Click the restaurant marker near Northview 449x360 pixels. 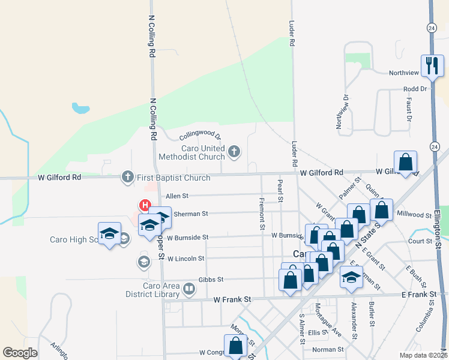431,65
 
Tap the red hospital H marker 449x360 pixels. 145,205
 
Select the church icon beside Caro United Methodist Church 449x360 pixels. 234,152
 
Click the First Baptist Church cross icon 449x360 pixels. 127,177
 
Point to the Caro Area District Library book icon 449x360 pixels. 188,290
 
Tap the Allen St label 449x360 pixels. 177,196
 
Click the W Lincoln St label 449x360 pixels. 186,259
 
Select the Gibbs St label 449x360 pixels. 211,280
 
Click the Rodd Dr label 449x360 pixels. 414,89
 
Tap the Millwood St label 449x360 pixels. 418,214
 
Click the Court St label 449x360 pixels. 420,241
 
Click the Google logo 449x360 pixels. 20,353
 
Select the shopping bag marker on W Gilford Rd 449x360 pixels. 406,162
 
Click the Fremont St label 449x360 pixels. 262,214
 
